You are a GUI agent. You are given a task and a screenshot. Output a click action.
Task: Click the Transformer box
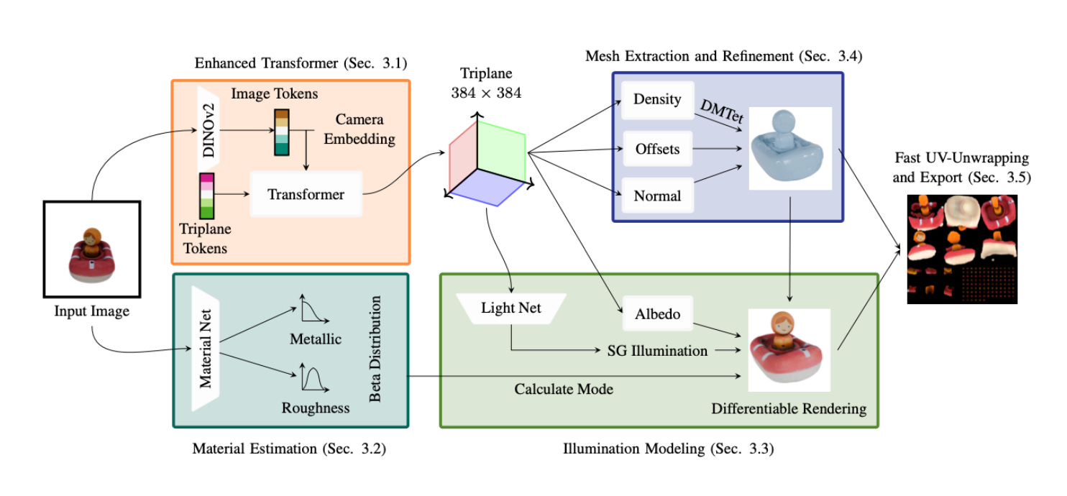click(306, 194)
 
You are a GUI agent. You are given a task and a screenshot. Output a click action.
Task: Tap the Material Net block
click(206, 349)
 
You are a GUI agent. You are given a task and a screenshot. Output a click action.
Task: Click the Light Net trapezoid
click(511, 308)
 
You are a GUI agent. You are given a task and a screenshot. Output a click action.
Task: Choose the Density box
click(657, 99)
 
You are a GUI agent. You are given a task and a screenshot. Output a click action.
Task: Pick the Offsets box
click(657, 150)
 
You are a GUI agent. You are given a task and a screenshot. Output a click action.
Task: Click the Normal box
click(657, 196)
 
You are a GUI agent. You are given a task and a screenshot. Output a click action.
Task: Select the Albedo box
click(657, 313)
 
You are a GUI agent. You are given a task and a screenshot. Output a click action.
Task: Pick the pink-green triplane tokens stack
click(206, 196)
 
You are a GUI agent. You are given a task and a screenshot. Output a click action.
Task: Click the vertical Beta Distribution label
click(375, 349)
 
